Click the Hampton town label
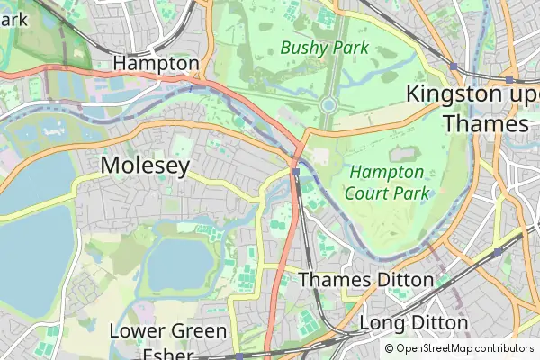(156, 64)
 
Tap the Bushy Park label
(324, 48)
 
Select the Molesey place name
(145, 166)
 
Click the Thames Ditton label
(365, 280)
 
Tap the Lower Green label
(167, 331)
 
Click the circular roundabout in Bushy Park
(328, 105)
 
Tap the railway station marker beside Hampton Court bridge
(295, 172)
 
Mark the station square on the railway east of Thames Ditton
(497, 253)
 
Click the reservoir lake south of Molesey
(180, 261)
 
